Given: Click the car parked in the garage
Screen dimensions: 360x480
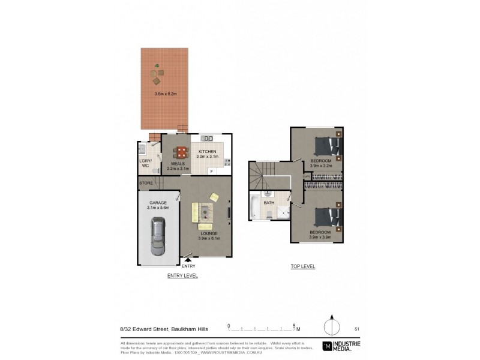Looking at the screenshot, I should pyautogui.click(x=158, y=231).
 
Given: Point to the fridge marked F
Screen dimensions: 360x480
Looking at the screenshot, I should pyautogui.click(x=212, y=171).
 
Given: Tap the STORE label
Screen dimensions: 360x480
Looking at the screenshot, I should pyautogui.click(x=146, y=183).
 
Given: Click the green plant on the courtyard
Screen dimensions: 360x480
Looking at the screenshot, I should pyautogui.click(x=157, y=67).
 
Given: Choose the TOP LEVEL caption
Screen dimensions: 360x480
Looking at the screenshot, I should pyautogui.click(x=302, y=266).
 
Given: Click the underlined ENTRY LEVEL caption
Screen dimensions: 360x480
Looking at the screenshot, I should pyautogui.click(x=182, y=275).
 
